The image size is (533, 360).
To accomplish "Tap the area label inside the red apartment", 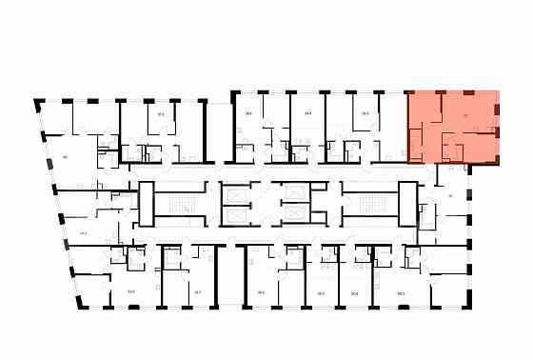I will pyautogui.click(x=464, y=116).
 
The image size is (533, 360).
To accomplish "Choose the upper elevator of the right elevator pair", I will pyautogui.click(x=294, y=191).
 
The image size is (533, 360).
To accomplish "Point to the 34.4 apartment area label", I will pyautogui.click(x=308, y=113).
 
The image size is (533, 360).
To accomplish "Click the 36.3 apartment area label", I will pyautogui.click(x=365, y=113).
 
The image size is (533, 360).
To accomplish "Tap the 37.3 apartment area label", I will pyautogui.click(x=161, y=114).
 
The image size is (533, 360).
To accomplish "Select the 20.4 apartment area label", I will pyautogui.click(x=354, y=292).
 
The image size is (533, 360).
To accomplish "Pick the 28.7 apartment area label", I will pyautogui.click(x=197, y=292).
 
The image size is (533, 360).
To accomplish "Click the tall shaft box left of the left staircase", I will pyautogui.click(x=147, y=203).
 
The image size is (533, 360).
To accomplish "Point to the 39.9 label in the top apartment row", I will pyautogui.click(x=248, y=113).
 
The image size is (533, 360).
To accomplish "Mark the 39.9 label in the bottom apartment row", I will pyautogui.click(x=260, y=292).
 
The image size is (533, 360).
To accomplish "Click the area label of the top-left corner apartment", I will pyautogui.click(x=66, y=155).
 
